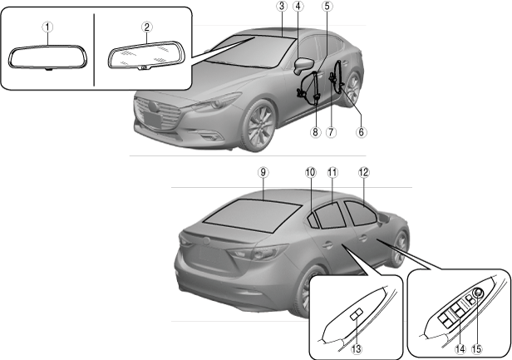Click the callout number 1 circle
(49, 26)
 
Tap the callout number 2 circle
(146, 26)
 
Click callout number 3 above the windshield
(282, 6)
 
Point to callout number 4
(298, 6)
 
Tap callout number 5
(327, 6)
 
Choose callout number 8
(315, 131)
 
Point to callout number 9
(263, 171)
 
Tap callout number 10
(309, 171)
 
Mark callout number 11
(332, 171)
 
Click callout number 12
(363, 171)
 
